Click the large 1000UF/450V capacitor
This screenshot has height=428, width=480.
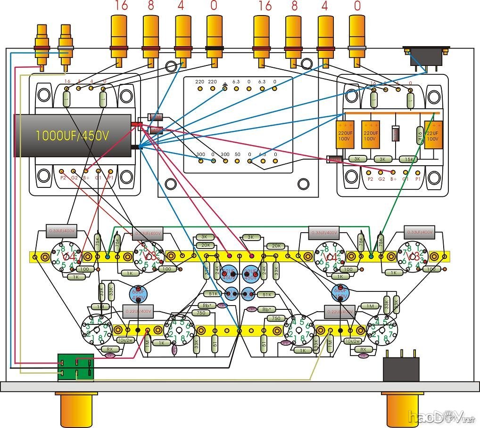point(73,136)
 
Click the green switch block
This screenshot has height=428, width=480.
point(75,367)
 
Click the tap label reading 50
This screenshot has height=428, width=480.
point(237,154)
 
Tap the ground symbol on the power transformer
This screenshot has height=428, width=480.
point(224,81)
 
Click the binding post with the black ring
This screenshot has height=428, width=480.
point(215,47)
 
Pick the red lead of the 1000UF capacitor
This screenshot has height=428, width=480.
point(137,124)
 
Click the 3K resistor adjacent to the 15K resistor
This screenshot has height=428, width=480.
point(382,159)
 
